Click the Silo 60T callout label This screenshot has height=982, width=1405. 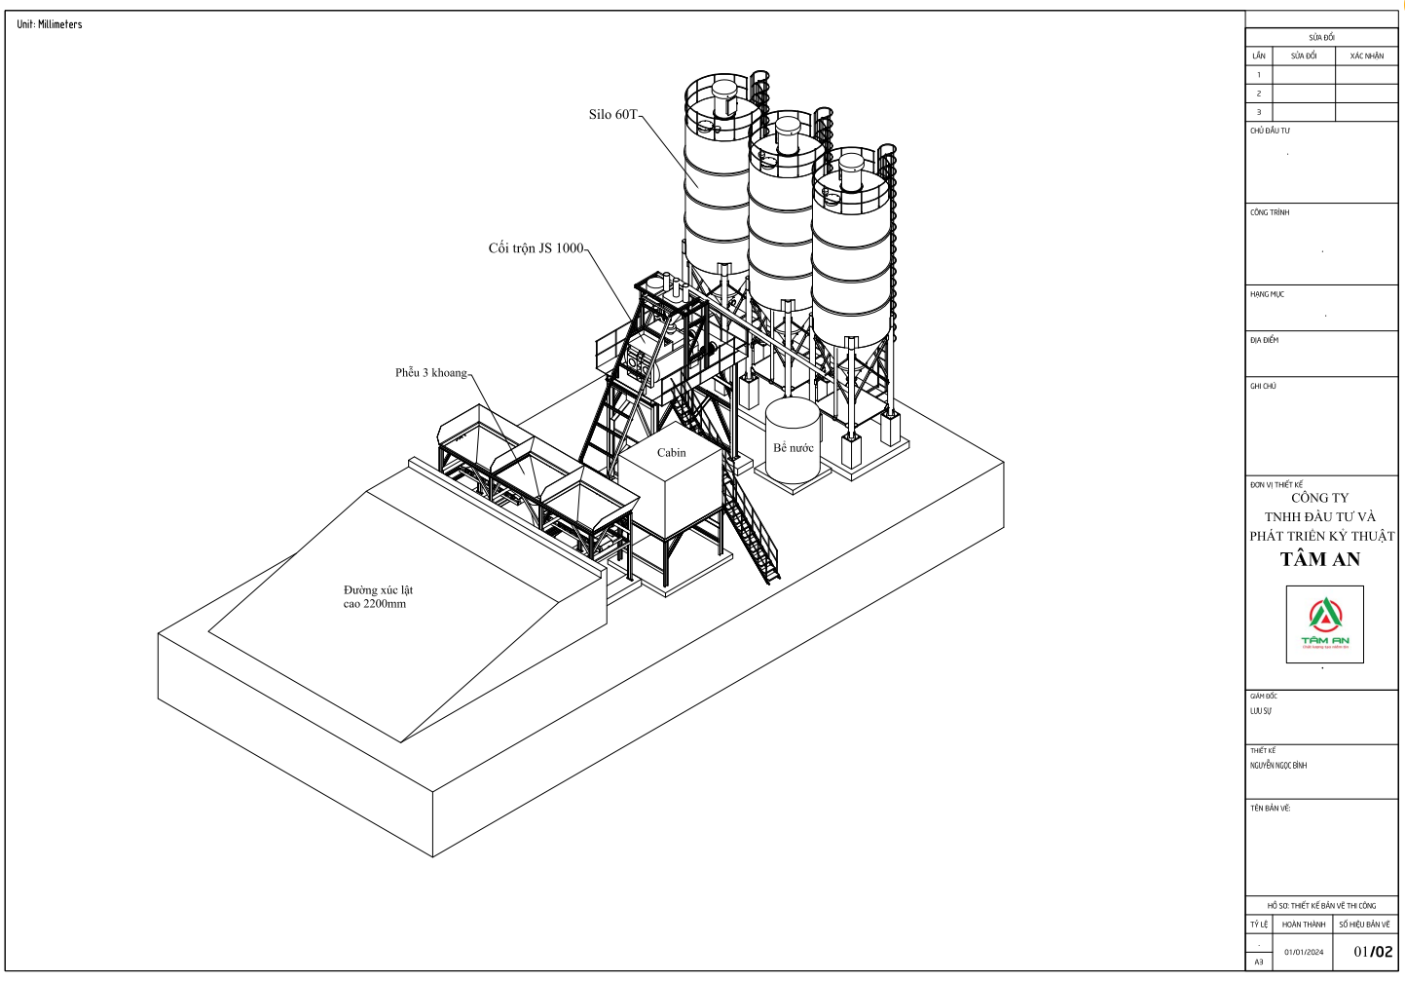[x=612, y=115]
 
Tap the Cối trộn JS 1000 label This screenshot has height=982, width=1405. [x=536, y=248]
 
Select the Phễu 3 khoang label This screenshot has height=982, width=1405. [x=430, y=373]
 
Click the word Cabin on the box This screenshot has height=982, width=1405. [x=671, y=453]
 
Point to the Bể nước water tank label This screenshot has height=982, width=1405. [x=794, y=448]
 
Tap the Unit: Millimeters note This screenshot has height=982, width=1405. [x=50, y=24]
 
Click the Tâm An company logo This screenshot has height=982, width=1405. [x=1324, y=624]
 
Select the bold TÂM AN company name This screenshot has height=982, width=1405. [x=1319, y=559]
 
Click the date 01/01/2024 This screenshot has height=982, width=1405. [x=1304, y=952]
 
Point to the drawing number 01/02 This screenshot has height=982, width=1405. [x=1373, y=952]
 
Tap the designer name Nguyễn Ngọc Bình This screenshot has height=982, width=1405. [x=1278, y=766]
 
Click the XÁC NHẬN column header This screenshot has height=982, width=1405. [x=1366, y=57]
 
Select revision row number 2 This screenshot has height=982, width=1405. [x=1259, y=94]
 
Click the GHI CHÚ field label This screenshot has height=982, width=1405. [x=1263, y=387]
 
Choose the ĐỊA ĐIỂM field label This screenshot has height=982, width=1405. [x=1265, y=341]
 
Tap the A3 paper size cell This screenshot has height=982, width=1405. [x=1259, y=962]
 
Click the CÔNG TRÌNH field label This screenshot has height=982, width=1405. [x=1270, y=212]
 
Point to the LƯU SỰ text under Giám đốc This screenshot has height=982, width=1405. [x=1261, y=711]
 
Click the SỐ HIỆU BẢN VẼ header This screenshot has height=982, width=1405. [x=1364, y=925]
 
